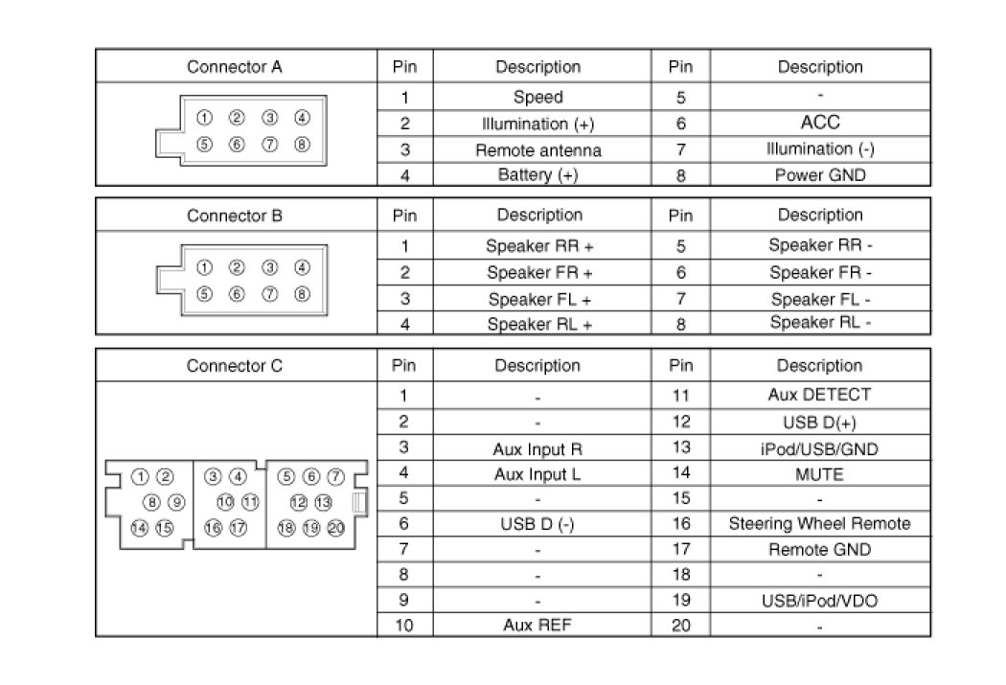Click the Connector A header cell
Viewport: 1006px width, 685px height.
235,67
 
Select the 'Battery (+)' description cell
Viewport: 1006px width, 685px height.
538,175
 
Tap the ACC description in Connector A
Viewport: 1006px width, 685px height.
820,123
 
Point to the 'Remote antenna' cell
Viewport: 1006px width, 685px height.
538,150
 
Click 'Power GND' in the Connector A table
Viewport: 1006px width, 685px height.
820,175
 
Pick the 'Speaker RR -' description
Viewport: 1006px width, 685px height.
820,245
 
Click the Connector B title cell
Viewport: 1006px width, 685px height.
235,216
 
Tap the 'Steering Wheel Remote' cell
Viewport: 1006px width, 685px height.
820,524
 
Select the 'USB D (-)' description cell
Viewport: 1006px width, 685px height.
537,524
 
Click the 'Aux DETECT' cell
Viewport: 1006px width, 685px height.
820,395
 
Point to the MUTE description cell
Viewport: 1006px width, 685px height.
820,473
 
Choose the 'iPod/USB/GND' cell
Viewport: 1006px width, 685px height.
820,447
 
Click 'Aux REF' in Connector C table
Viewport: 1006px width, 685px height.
537,626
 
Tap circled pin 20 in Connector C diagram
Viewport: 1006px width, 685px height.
335,527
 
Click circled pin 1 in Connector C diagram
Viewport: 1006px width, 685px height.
140,476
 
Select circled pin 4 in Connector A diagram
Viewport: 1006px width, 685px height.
302,118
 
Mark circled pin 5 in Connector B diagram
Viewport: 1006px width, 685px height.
204,294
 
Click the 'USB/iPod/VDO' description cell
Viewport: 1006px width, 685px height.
820,601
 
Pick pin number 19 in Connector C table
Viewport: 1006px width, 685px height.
680,601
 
